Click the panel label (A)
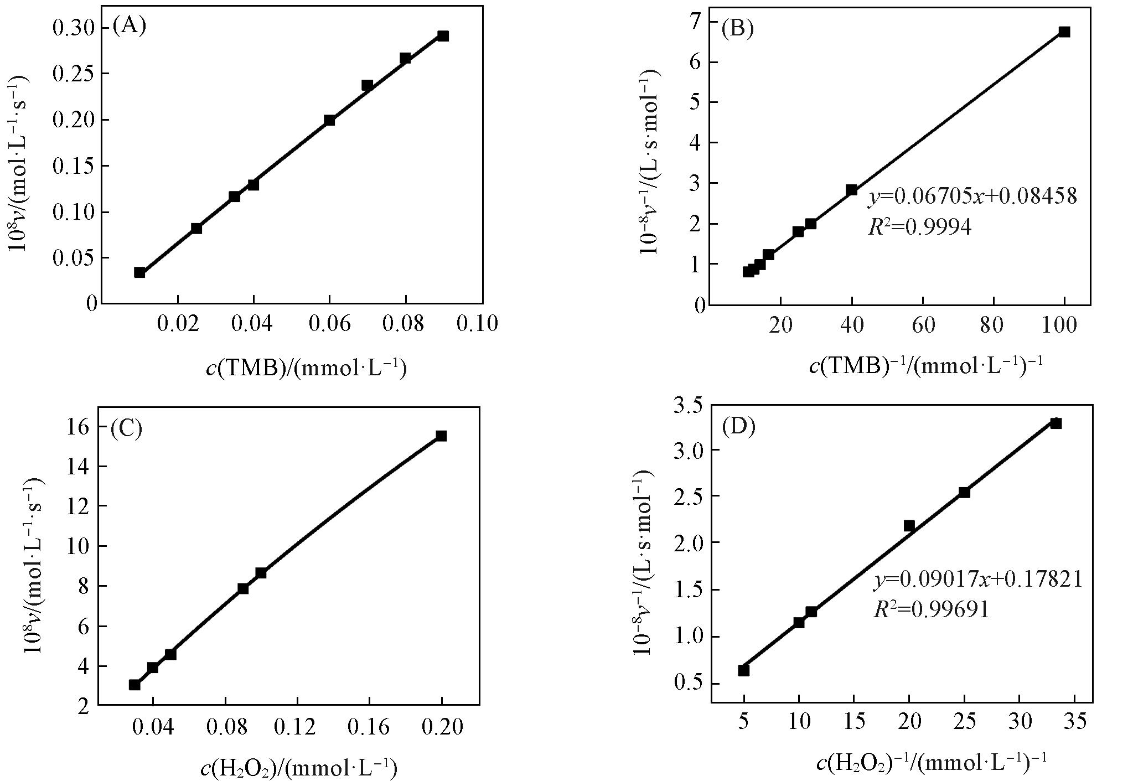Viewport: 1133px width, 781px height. coord(129,25)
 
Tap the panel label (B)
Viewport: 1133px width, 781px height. coord(737,28)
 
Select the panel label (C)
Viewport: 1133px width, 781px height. coord(126,428)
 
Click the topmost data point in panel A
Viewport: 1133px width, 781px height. coord(443,36)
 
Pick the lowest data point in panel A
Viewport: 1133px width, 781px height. coord(139,272)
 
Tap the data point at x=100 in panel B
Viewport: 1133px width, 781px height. coord(1064,32)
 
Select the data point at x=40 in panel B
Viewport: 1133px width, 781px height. coord(851,190)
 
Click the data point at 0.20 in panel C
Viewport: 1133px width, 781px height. coord(441,436)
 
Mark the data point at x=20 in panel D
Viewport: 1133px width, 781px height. coord(909,525)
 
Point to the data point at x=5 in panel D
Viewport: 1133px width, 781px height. coord(744,670)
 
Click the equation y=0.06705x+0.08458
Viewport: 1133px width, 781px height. coord(972,196)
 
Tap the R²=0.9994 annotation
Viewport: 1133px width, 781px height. coord(919,226)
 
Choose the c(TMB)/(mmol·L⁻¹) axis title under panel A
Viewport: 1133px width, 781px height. coord(306,367)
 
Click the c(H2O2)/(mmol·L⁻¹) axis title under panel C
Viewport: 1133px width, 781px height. coord(298,768)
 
